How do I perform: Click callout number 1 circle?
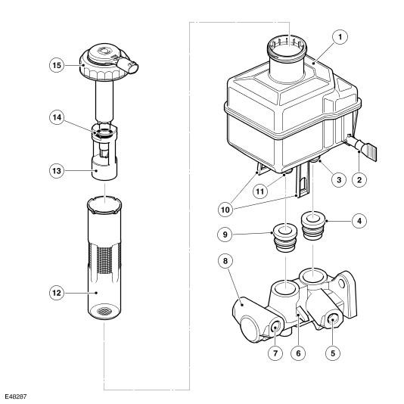340,37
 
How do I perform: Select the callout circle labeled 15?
57,65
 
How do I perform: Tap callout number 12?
57,293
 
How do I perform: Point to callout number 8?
225,261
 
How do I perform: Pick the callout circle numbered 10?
225,210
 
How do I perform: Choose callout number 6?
298,353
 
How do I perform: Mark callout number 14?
57,117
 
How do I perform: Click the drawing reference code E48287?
16,396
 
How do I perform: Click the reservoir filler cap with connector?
109,62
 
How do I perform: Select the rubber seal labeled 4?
312,225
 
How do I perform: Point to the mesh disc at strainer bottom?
104,311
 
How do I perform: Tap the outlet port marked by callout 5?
332,320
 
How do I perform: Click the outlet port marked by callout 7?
275,328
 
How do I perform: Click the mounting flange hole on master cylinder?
342,284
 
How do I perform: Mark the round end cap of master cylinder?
248,330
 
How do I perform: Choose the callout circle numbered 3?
338,179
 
